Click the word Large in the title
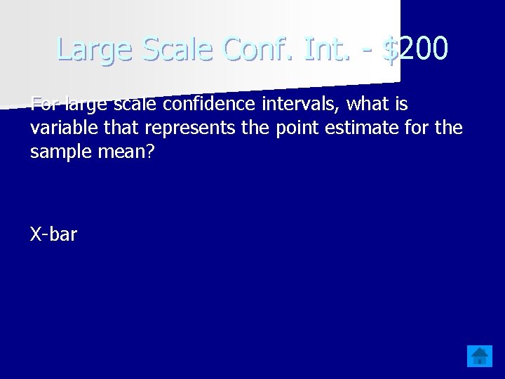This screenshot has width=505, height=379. (96, 50)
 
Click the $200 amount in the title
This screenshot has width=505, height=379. (414, 48)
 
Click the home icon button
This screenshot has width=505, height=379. (480, 356)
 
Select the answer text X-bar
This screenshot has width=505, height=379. (54, 234)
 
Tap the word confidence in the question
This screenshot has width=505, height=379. (196, 105)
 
